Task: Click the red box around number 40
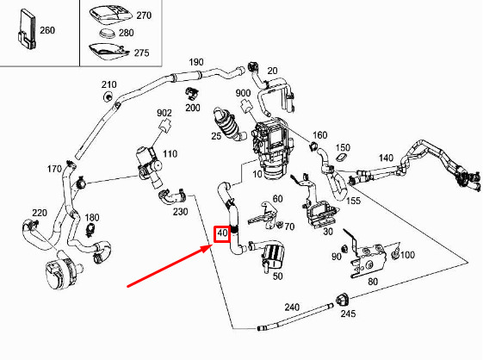tap(222, 234)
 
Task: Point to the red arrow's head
tap(207, 248)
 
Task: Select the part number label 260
tap(47, 30)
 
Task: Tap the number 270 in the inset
tap(144, 16)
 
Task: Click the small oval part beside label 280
tap(108, 33)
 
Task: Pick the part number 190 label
tap(196, 62)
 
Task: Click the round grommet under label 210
tap(108, 96)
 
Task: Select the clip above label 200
tap(192, 93)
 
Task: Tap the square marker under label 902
tap(164, 125)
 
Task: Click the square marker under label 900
tap(245, 105)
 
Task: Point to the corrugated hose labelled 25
tap(228, 125)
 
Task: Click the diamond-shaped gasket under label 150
tap(341, 158)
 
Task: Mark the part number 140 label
tap(386, 158)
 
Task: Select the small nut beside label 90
tap(344, 248)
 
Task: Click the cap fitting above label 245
tap(341, 300)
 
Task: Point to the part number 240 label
tap(292, 307)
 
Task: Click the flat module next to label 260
tap(27, 29)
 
